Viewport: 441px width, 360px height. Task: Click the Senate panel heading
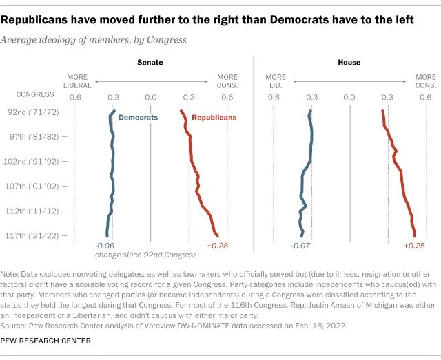(x=150, y=63)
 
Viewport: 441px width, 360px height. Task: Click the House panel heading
(x=349, y=63)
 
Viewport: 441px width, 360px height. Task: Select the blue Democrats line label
(x=138, y=118)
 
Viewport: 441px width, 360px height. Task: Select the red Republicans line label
(x=214, y=118)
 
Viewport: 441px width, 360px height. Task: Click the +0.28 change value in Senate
(x=217, y=246)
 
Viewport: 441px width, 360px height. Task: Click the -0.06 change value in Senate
(x=105, y=246)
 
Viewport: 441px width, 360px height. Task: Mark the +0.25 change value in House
(x=414, y=246)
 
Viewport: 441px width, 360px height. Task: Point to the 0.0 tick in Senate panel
(x=151, y=98)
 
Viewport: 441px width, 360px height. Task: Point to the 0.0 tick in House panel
(x=349, y=98)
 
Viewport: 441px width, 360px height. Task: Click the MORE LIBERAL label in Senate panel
(x=78, y=81)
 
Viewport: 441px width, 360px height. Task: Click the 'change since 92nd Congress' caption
(x=145, y=255)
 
